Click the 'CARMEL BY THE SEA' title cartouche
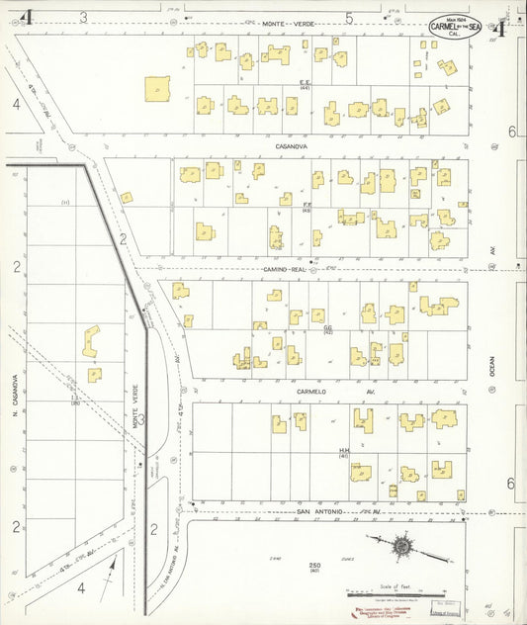pos(457,26)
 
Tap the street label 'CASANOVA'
pos(295,146)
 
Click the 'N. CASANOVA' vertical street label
pos(17,394)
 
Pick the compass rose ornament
pos(403,545)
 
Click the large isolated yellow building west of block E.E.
pos(156,89)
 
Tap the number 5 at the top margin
pos(349,17)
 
